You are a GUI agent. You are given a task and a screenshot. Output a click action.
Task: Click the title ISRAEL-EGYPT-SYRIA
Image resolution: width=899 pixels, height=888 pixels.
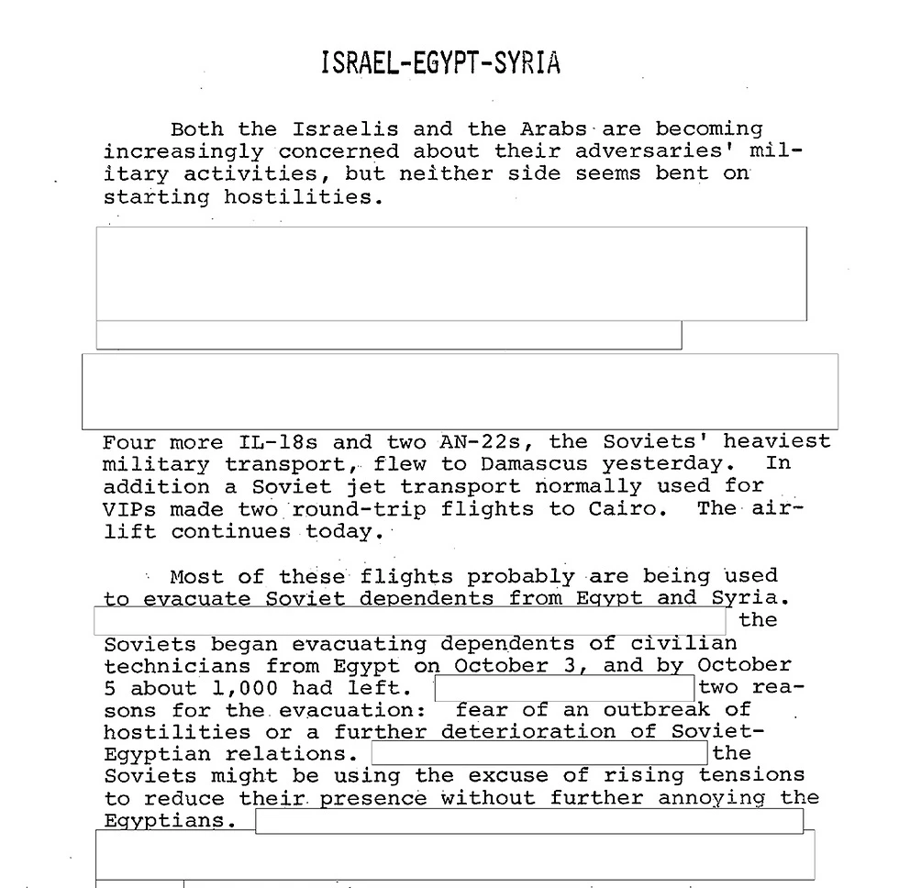(x=440, y=63)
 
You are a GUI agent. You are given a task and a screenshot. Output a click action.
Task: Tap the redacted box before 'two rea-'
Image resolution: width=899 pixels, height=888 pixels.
(x=564, y=688)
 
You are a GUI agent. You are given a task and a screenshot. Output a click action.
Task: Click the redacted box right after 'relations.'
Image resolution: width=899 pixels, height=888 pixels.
(x=539, y=753)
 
